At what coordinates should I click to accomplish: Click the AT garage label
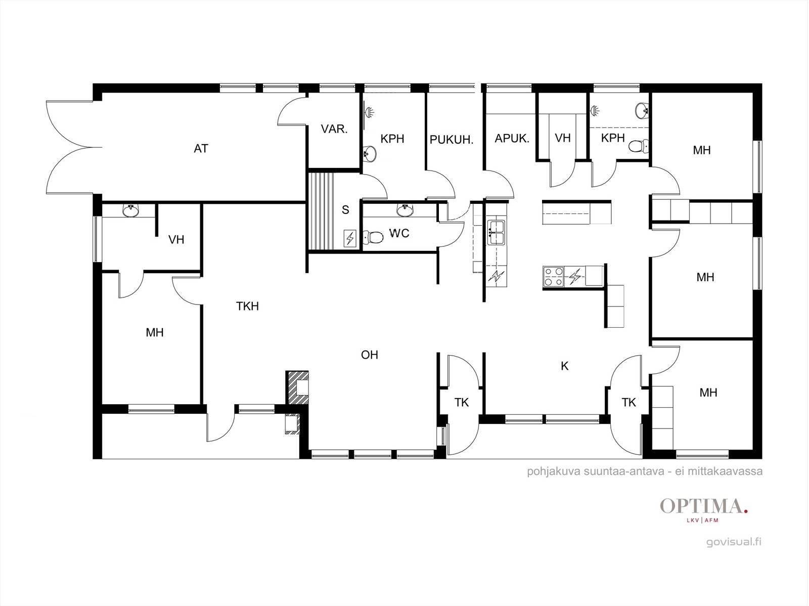point(201,149)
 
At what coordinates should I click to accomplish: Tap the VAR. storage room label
point(334,129)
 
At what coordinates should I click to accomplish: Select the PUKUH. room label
point(452,140)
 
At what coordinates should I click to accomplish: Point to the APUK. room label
point(512,139)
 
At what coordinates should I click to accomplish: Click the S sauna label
point(345,210)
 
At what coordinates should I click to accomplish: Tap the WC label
point(399,233)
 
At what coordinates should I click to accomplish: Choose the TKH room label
point(247,306)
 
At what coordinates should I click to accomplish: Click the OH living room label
point(369,355)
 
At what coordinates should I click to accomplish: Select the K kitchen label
point(564,366)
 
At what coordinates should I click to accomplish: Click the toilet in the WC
point(373,237)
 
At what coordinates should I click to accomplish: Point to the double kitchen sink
point(496,232)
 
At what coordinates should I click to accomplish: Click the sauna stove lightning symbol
point(350,238)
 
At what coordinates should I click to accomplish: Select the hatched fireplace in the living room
point(297,388)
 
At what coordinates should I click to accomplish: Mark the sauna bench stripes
point(321,211)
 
